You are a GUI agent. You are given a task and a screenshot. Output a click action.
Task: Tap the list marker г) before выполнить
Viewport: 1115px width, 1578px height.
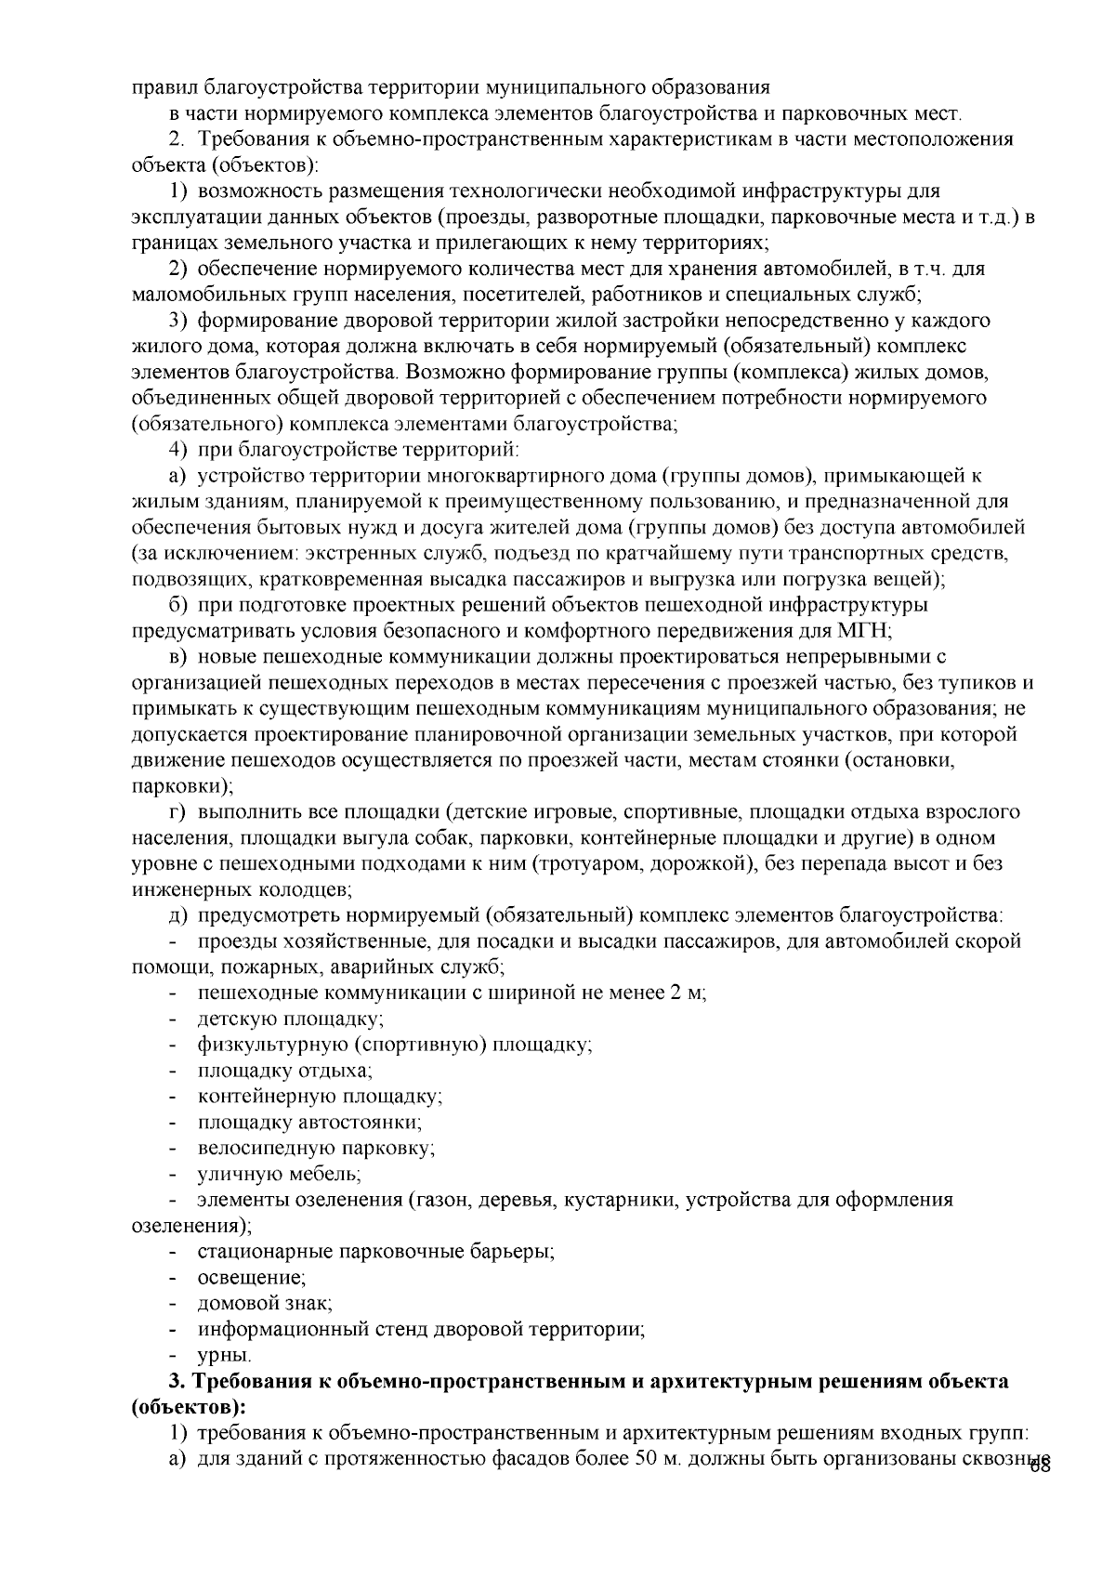177,811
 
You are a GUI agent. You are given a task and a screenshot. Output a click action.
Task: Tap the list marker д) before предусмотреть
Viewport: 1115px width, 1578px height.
177,915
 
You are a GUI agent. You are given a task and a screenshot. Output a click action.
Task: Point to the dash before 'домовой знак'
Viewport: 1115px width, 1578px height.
174,1303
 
